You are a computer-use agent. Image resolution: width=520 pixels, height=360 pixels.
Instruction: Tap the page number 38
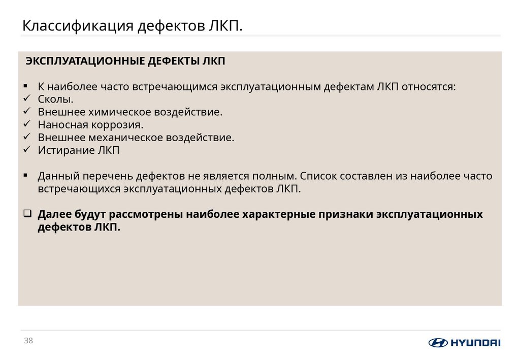click(28, 341)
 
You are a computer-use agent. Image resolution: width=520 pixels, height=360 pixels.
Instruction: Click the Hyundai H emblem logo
click(438, 343)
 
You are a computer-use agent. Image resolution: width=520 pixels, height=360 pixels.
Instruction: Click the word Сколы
click(52, 99)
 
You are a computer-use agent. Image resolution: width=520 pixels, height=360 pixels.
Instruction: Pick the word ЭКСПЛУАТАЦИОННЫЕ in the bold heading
click(85, 61)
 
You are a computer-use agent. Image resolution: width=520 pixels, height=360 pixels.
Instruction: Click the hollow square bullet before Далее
click(27, 214)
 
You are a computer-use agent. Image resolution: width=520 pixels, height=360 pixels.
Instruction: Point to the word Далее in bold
click(55, 214)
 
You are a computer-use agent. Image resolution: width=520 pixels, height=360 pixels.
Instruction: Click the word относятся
click(429, 86)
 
